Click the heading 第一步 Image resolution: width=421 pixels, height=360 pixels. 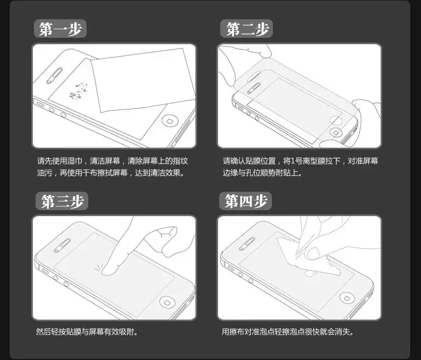coord(60,29)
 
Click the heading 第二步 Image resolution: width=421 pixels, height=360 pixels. coord(247,29)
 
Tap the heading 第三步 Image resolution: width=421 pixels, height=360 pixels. coord(62,201)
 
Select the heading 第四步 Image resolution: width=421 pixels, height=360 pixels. coord(245,201)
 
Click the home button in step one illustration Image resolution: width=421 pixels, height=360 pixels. coord(170,120)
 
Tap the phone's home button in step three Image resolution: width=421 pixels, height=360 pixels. coord(167,302)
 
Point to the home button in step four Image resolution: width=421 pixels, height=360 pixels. coord(347,297)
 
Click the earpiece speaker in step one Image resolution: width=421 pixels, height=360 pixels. coord(54,76)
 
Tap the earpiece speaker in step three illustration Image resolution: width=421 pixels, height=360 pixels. coord(62,245)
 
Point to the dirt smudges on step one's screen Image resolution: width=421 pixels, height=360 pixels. coord(78,91)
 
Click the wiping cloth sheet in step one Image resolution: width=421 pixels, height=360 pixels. coord(143,80)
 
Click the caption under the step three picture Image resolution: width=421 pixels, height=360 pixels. coord(87,332)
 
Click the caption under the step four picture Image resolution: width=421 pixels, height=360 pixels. coord(287,332)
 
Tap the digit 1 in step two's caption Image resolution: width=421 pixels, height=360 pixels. coord(293,161)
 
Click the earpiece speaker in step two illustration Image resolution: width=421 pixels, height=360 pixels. coord(254,88)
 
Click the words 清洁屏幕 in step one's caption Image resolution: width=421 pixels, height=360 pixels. coord(105,161)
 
